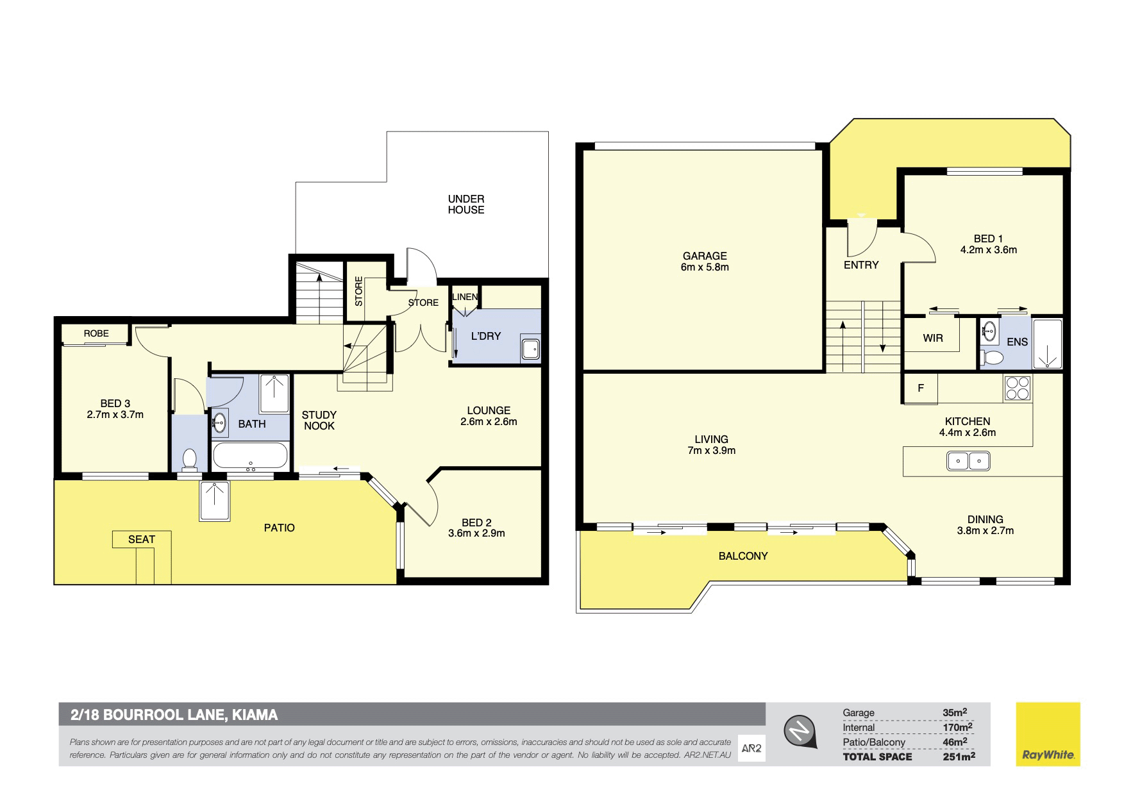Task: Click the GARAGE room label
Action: point(705,256)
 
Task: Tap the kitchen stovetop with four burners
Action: point(1018,388)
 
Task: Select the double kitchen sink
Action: point(969,460)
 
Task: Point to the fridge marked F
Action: point(921,389)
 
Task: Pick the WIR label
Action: point(933,338)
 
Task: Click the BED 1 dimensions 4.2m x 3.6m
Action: point(988,250)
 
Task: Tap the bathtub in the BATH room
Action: point(249,456)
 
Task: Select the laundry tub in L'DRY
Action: point(530,349)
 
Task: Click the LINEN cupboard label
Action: point(465,297)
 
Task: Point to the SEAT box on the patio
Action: point(142,539)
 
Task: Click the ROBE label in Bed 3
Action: point(96,333)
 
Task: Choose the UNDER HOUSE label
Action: point(466,205)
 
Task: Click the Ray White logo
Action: point(1048,734)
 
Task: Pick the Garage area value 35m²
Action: point(955,712)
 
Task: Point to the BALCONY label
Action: point(743,556)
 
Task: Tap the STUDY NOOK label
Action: point(319,421)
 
